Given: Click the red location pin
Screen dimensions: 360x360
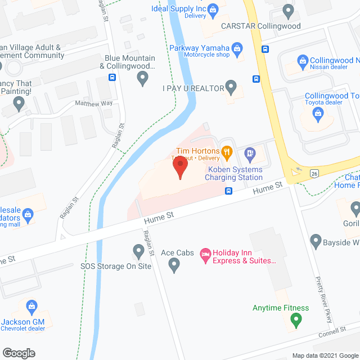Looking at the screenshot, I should (x=179, y=168).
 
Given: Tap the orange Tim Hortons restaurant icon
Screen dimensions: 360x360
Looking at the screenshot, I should (x=227, y=151).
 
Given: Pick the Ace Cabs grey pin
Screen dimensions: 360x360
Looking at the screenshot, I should (x=174, y=265).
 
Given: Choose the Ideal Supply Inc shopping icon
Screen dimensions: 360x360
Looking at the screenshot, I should (x=213, y=9).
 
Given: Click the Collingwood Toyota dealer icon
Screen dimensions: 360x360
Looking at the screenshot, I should (x=319, y=115).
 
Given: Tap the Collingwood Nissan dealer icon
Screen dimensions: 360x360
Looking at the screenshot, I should (x=303, y=60).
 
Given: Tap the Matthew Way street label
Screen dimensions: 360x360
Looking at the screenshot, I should (x=94, y=103).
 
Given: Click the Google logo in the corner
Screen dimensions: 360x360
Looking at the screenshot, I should (x=19, y=353).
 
